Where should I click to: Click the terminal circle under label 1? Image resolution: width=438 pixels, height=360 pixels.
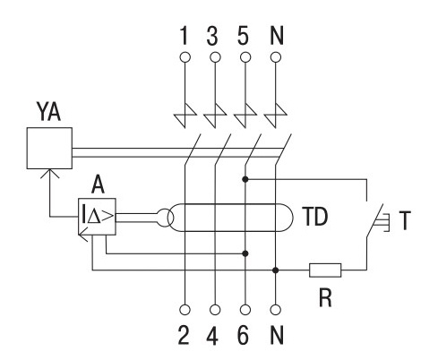pyautogui.click(x=185, y=57)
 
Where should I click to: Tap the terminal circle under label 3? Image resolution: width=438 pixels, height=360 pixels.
pyautogui.click(x=215, y=57)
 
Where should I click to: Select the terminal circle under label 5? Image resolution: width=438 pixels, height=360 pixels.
pyautogui.click(x=245, y=57)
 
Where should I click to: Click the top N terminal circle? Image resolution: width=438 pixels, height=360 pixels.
pyautogui.click(x=276, y=57)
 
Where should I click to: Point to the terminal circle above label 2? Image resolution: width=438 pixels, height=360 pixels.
pyautogui.click(x=185, y=310)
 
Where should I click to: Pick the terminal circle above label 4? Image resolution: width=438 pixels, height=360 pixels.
pyautogui.click(x=215, y=310)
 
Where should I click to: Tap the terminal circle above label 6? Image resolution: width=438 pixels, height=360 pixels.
pyautogui.click(x=245, y=310)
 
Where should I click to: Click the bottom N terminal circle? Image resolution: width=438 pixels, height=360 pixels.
pyautogui.click(x=276, y=310)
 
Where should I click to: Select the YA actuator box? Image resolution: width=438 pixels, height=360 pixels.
pyautogui.click(x=49, y=148)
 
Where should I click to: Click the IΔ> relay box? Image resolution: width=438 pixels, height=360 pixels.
pyautogui.click(x=97, y=217)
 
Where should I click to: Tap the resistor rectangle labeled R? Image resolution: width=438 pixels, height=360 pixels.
pyautogui.click(x=325, y=270)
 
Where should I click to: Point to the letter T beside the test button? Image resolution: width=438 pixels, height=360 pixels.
pyautogui.click(x=405, y=220)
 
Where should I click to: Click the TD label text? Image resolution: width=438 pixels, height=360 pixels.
pyautogui.click(x=315, y=217)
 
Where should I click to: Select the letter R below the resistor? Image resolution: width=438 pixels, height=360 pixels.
pyautogui.click(x=325, y=297)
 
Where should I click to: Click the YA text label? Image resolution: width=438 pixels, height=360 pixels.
pyautogui.click(x=48, y=111)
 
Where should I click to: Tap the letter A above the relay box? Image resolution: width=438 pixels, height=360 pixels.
pyautogui.click(x=98, y=184)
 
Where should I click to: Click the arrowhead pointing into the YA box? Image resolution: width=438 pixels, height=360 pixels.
pyautogui.click(x=49, y=174)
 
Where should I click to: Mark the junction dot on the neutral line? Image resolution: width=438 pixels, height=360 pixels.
pyautogui.click(x=276, y=270)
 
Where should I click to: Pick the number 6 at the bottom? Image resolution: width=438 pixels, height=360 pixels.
pyautogui.click(x=243, y=335)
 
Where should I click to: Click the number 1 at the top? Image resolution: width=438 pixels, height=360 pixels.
pyautogui.click(x=185, y=36)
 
